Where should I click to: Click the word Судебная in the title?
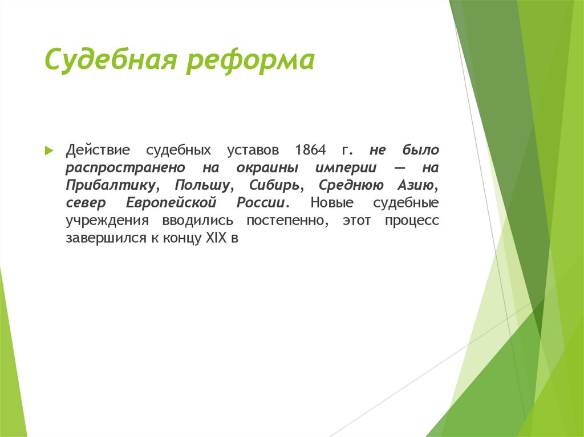click(x=110, y=60)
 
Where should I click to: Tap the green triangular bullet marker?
click(x=50, y=151)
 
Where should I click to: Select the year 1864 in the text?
click(x=311, y=151)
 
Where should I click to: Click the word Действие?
click(x=98, y=151)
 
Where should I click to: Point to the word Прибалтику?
click(x=111, y=186)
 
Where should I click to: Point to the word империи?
click(x=344, y=169)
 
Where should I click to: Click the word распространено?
click(x=124, y=169)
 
